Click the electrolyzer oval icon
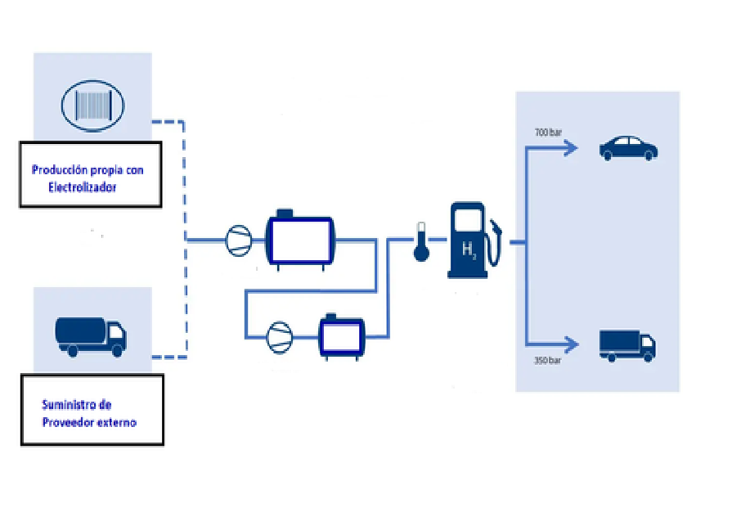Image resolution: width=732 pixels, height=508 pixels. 92,105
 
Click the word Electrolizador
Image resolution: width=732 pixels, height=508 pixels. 82,187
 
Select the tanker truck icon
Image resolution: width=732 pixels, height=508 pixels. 91,336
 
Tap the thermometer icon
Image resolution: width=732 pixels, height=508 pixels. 421,242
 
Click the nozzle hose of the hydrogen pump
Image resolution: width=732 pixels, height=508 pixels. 495,241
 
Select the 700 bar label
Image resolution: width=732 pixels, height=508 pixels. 549,132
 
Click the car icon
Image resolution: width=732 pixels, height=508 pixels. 628,148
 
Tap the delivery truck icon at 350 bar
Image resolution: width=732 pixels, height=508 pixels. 627,345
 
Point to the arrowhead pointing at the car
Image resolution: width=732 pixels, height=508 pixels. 571,148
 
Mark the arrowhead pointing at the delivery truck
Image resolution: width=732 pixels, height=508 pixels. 571,344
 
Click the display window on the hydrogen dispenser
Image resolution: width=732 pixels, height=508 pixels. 467,220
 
